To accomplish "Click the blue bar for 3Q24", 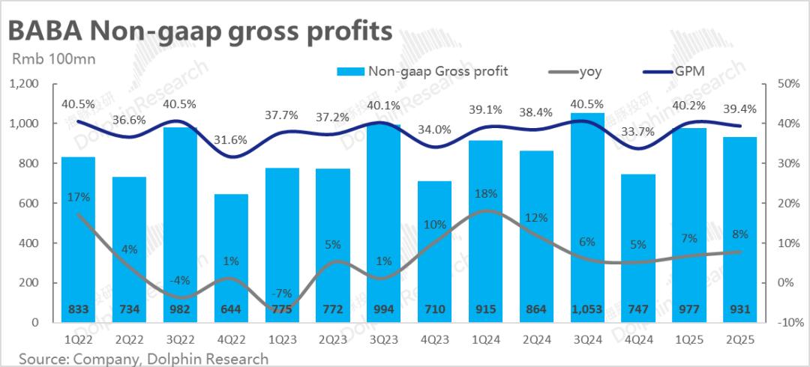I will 587,217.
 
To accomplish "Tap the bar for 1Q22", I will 78,240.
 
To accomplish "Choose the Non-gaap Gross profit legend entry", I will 424,72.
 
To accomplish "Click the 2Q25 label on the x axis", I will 740,339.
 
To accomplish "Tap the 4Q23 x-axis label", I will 434,339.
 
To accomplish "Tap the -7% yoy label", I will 282,292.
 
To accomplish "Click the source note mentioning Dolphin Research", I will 143,359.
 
